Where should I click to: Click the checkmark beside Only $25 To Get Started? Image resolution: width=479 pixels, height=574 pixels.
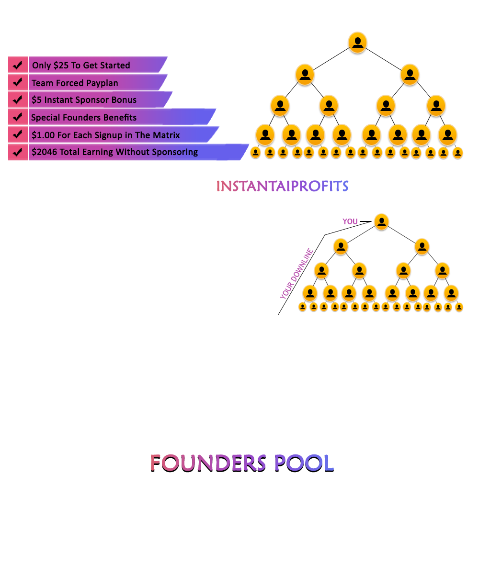pos(18,65)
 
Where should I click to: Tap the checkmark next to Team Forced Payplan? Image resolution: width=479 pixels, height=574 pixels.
pos(18,82)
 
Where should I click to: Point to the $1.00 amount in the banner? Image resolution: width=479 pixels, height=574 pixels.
pos(43,135)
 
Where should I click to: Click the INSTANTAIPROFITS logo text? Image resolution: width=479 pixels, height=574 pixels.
pos(282,186)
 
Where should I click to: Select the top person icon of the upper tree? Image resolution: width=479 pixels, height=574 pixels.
pos(357,43)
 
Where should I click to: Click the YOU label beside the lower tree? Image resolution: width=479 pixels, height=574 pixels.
pos(350,221)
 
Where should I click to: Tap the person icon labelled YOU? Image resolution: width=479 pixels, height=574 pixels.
pos(382,221)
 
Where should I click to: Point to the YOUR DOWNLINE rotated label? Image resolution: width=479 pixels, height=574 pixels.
pos(297,274)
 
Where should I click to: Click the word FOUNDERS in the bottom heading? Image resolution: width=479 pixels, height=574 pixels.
pos(208,463)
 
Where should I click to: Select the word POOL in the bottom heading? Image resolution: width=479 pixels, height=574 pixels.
pos(304,463)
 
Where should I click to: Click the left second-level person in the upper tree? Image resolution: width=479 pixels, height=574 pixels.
pos(305,75)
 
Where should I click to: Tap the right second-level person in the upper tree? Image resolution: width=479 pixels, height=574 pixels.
pos(410,75)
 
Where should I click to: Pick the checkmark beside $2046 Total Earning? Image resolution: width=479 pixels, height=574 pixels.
pos(18,152)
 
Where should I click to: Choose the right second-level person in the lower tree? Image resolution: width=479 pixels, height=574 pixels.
pos(422,246)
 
